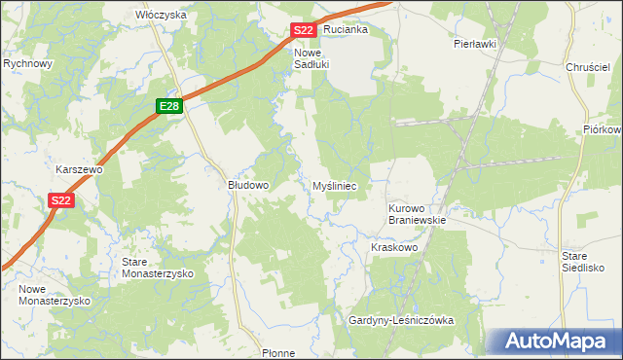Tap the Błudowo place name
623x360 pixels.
pyautogui.click(x=247, y=184)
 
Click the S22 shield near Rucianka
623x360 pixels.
pyautogui.click(x=303, y=30)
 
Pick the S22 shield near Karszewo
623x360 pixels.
pyautogui.click(x=60, y=200)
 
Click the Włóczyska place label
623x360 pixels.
pyautogui.click(x=161, y=16)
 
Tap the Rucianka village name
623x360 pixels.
pyautogui.click(x=347, y=29)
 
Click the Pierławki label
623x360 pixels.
pyautogui.click(x=475, y=44)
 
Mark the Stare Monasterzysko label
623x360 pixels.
pyautogui.click(x=157, y=268)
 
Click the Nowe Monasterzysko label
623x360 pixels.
pyautogui.click(x=54, y=295)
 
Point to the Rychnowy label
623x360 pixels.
pyautogui.click(x=27, y=63)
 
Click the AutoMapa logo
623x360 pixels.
pyautogui.click(x=552, y=342)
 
